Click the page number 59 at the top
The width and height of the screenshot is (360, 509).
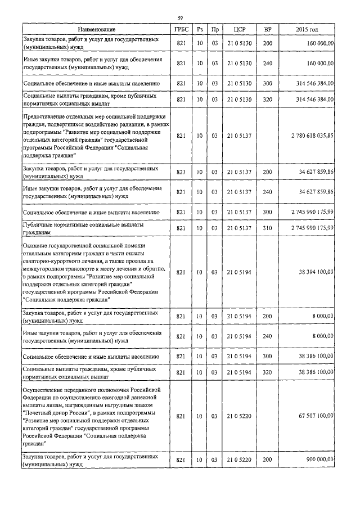180,19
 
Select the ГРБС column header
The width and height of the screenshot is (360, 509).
181,29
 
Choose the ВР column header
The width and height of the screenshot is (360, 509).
268,29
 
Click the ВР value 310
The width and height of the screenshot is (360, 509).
268,228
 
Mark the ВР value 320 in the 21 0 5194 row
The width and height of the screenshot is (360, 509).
268,372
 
